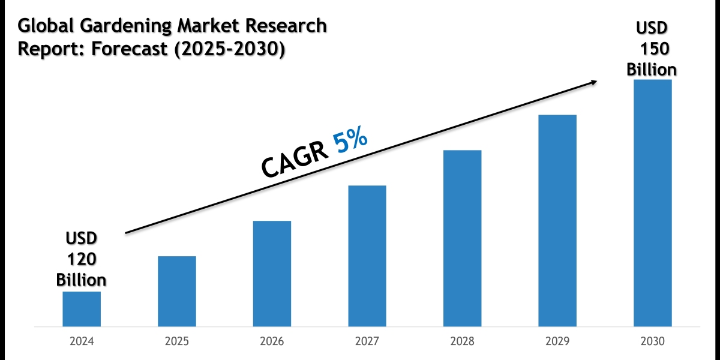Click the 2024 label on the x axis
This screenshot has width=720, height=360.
pos(82,341)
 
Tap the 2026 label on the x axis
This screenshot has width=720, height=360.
pos(272,341)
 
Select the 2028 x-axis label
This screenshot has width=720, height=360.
pos(463,341)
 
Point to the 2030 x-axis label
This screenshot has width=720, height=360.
pos(653,341)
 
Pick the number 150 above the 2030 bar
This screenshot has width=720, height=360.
pos(652,49)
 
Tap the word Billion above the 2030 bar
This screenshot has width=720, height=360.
pos(652,70)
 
